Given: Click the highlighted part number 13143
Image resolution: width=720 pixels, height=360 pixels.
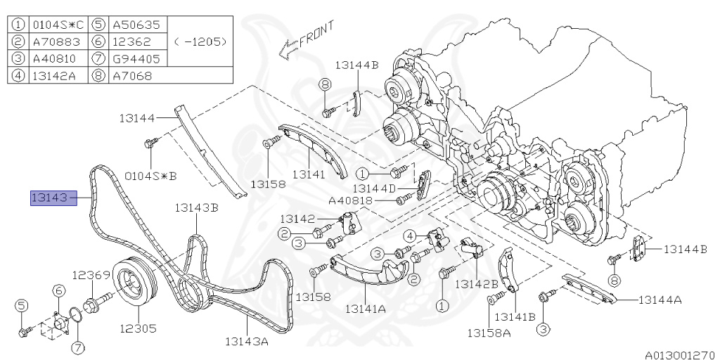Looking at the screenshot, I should [53, 198].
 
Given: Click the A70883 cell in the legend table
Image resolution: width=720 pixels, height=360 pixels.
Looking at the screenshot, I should [56, 41].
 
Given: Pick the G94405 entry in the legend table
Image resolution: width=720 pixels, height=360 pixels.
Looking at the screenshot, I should [136, 58].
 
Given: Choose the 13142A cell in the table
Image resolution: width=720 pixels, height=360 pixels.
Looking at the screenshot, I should [56, 75].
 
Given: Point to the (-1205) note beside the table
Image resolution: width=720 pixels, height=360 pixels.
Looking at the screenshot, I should [200, 41].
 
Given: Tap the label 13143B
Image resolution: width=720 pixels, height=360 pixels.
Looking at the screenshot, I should [196, 207].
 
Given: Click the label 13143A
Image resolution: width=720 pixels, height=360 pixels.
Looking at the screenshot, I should [247, 342].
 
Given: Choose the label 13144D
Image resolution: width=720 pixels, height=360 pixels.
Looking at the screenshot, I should [374, 188].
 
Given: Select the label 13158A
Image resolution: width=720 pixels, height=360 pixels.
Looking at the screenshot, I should [490, 331].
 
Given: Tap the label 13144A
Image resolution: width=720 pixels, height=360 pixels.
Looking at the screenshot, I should [660, 300].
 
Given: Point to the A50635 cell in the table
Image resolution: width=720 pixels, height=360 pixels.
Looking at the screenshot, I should [136, 25].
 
